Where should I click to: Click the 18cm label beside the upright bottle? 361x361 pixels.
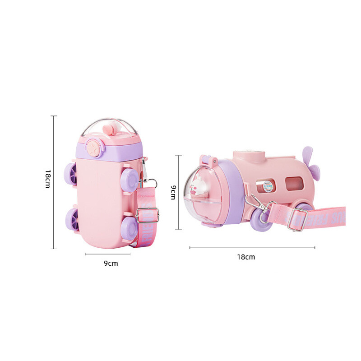(47, 179)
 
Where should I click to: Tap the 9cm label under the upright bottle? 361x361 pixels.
(111, 263)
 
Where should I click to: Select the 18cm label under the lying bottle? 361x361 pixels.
(246, 257)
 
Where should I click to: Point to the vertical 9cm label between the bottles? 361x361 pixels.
(173, 193)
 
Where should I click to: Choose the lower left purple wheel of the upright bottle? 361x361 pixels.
(72, 218)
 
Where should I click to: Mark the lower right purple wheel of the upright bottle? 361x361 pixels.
(129, 227)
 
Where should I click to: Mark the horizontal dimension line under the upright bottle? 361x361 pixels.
(108, 254)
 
